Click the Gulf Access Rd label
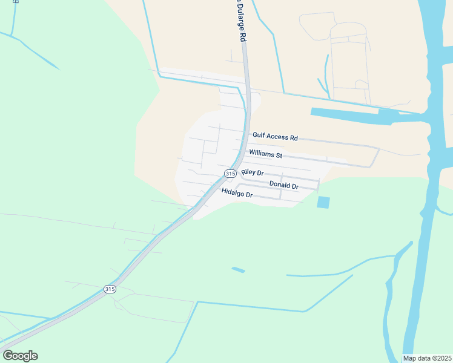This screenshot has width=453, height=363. (x=275, y=137)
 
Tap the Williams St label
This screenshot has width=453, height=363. (x=266, y=155)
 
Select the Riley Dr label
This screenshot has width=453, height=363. (x=253, y=173)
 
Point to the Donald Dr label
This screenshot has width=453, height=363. (x=283, y=185)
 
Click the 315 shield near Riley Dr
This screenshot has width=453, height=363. (x=230, y=174)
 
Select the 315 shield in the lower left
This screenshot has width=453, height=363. (x=109, y=289)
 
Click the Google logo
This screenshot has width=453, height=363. (x=20, y=356)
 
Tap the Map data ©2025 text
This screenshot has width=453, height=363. (x=427, y=358)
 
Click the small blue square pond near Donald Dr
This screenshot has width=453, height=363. (x=323, y=203)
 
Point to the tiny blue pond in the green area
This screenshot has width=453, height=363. (x=238, y=269)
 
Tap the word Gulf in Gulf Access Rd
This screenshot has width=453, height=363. (x=259, y=136)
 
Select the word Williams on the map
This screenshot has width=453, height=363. (x=262, y=154)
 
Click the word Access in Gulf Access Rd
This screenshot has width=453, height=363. (x=277, y=137)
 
